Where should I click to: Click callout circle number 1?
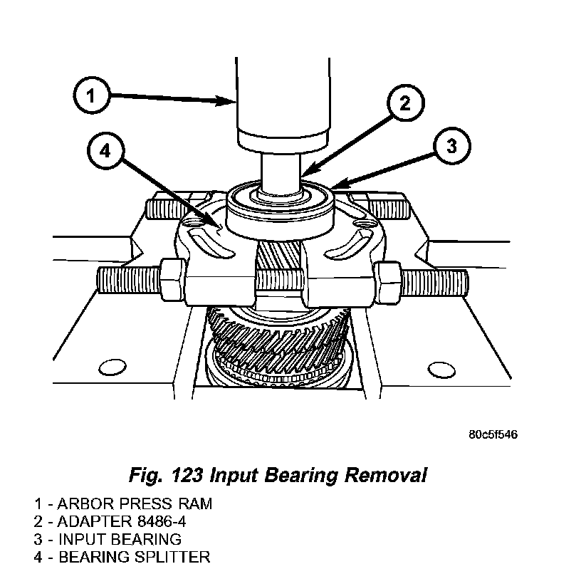[x=90, y=95]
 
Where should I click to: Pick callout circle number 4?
[x=105, y=151]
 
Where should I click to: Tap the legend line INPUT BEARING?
[x=108, y=539]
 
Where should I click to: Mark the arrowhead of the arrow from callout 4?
[x=217, y=226]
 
